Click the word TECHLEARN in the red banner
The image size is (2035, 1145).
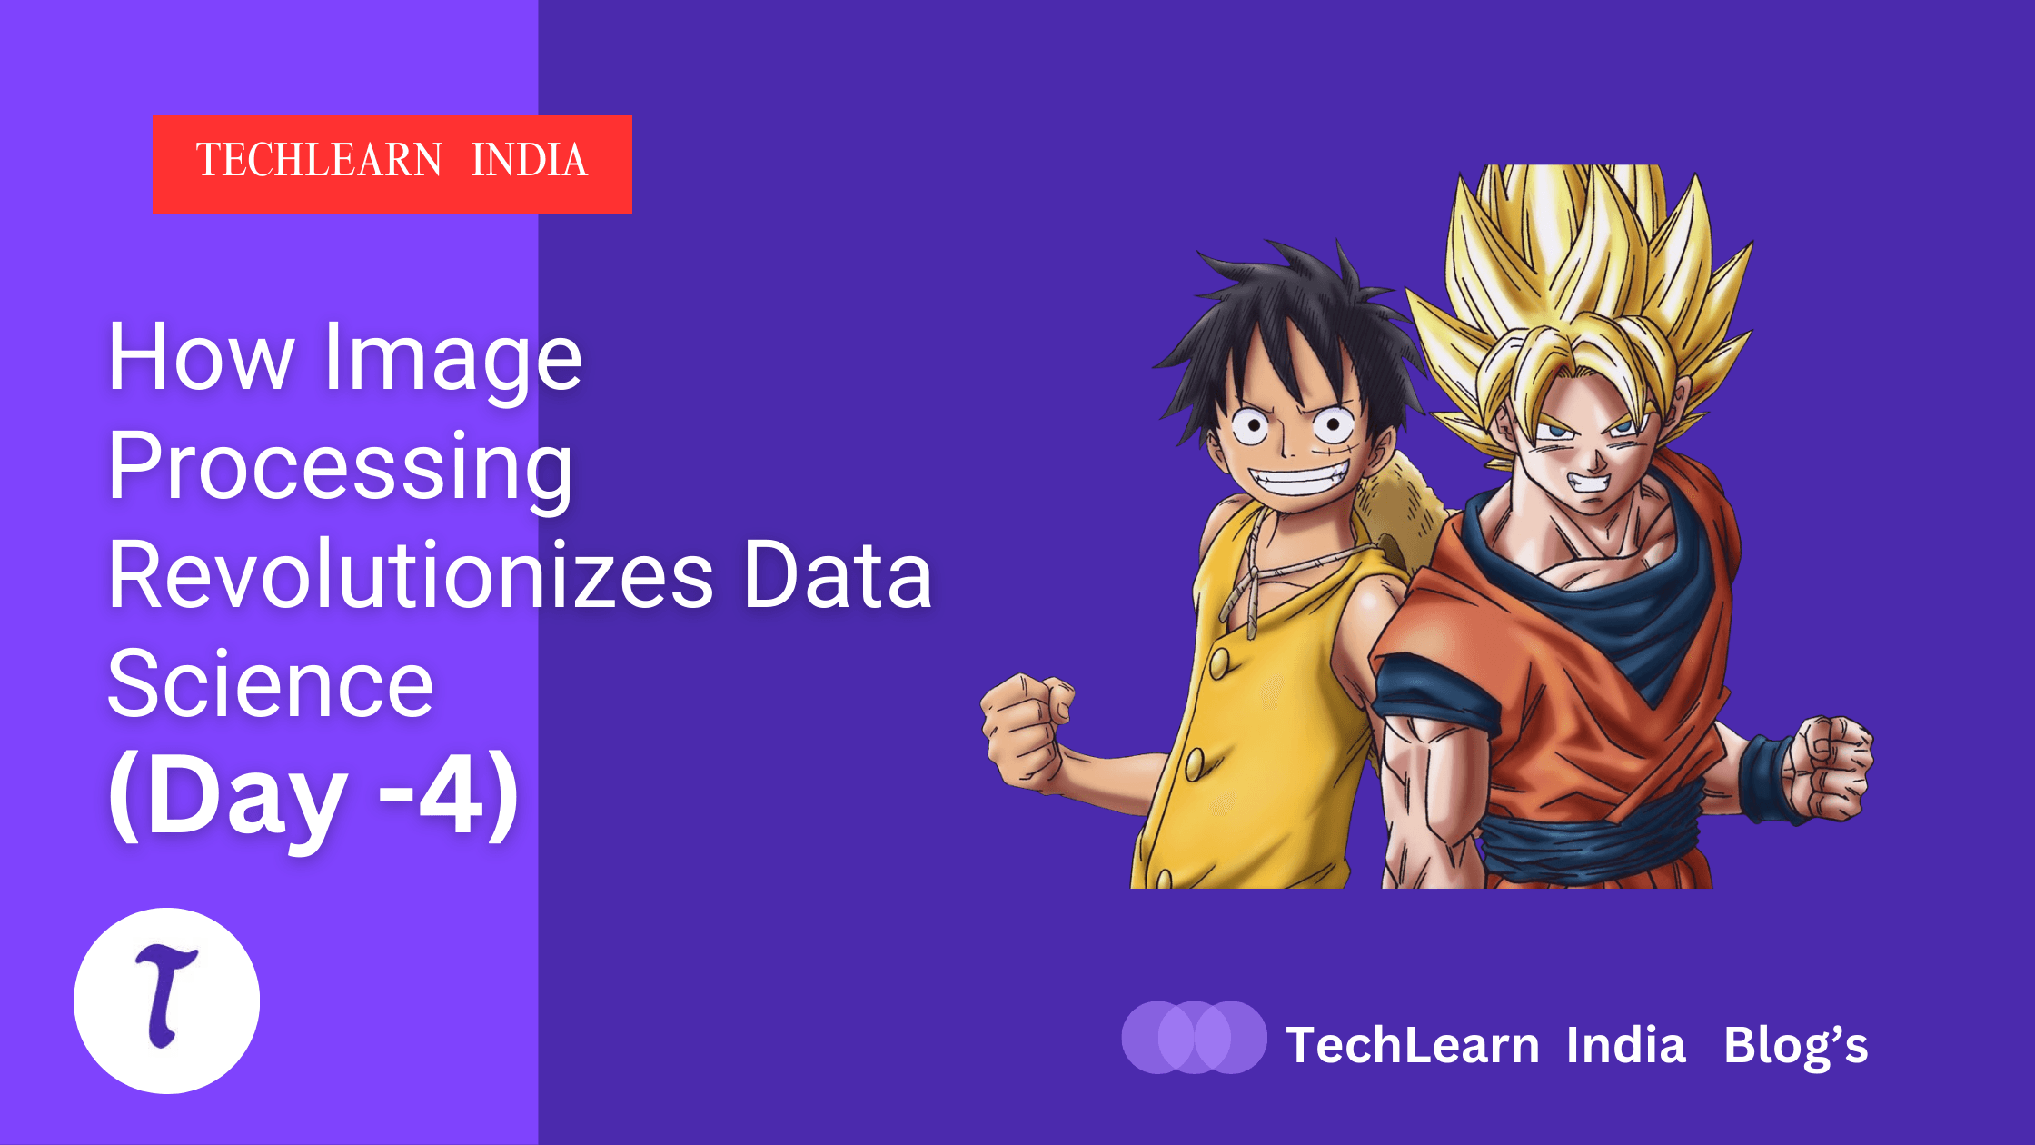[319, 161]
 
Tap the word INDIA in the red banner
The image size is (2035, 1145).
[530, 161]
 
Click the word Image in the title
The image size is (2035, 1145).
[452, 359]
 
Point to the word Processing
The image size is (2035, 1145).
[341, 468]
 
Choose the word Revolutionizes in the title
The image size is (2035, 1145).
[411, 575]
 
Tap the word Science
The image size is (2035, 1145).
[271, 683]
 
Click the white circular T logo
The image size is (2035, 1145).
[167, 1001]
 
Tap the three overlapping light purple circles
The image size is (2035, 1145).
[1194, 1038]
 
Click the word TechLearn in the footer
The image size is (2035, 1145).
[1413, 1045]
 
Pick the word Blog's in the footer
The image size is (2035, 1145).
[1796, 1046]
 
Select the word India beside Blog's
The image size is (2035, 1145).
[1626, 1045]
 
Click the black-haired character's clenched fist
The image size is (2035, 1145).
[1027, 727]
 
